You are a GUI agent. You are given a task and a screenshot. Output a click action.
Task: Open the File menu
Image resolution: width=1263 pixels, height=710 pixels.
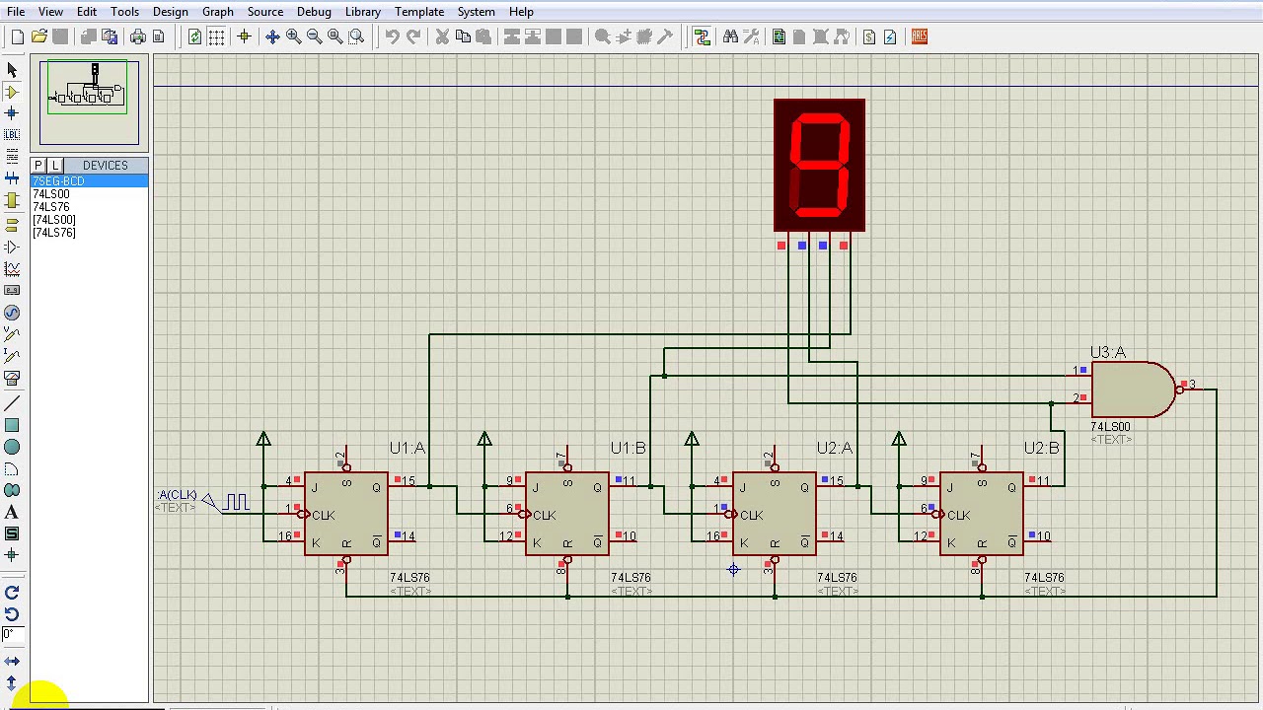(16, 12)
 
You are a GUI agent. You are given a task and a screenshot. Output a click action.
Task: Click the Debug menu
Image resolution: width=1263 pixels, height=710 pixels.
(314, 12)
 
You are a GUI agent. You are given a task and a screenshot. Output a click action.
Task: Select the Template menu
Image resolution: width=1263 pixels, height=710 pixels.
(419, 12)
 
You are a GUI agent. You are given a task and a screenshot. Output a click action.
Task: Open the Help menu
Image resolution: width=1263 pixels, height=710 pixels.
(521, 12)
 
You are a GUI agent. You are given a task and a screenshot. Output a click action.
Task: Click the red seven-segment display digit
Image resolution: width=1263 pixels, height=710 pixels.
(819, 165)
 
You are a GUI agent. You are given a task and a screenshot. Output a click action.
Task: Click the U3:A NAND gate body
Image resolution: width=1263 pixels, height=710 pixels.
(1130, 390)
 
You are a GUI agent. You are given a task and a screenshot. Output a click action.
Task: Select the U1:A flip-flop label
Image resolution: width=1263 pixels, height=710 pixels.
(407, 448)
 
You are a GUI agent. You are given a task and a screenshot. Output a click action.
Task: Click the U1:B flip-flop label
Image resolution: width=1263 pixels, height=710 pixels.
(628, 448)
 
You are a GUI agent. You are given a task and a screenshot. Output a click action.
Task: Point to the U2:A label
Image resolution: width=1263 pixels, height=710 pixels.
(834, 448)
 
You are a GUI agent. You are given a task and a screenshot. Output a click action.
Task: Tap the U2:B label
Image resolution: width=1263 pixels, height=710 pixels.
(1041, 448)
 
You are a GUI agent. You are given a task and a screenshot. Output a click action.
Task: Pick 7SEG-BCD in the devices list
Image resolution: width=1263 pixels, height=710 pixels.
(58, 181)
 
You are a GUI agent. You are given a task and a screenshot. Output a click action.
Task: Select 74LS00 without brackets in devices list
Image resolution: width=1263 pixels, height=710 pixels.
(51, 194)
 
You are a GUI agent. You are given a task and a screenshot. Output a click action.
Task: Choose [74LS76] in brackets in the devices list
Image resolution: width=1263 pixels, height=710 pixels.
(54, 233)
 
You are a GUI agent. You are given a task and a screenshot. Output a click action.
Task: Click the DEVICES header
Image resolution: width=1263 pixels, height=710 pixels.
(105, 166)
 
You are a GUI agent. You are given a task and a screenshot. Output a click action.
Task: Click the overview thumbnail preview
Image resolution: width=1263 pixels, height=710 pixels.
(89, 101)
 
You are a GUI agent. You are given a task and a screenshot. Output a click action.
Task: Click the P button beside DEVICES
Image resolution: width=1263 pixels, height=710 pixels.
(38, 166)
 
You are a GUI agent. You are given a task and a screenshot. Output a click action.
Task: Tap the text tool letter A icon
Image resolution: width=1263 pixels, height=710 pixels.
(12, 512)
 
